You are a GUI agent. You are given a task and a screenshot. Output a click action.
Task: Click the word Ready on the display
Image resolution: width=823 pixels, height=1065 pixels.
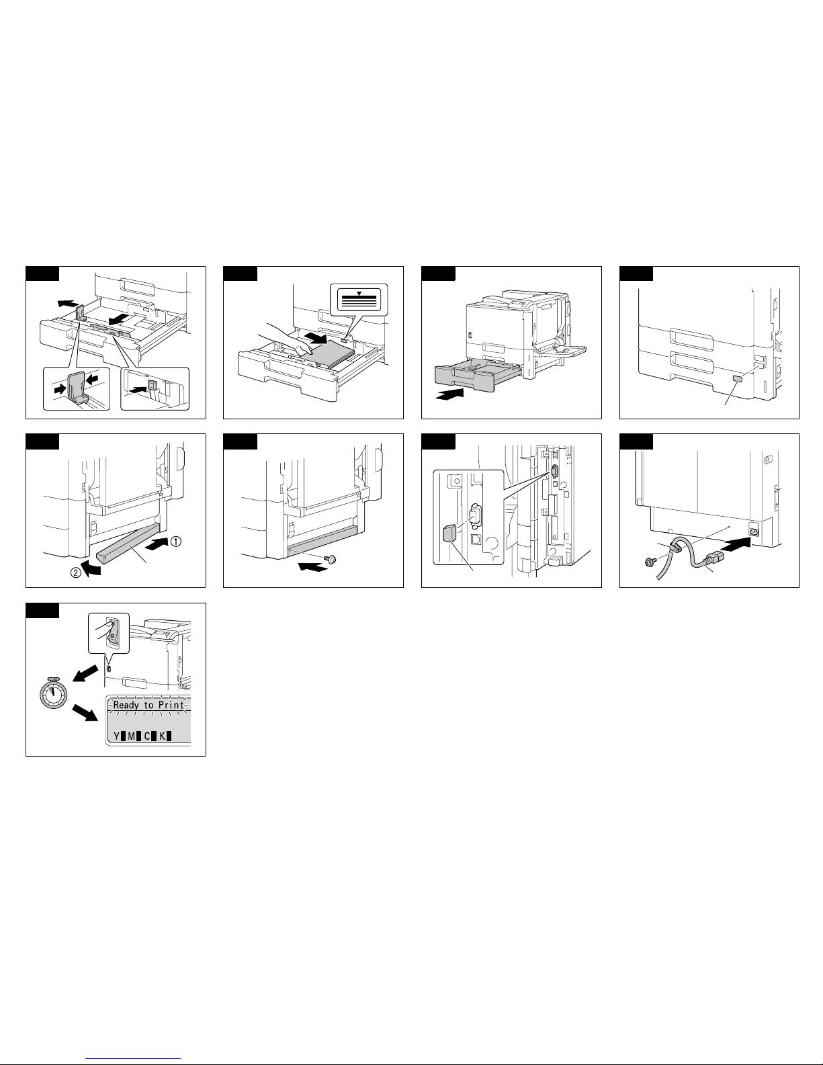click(126, 706)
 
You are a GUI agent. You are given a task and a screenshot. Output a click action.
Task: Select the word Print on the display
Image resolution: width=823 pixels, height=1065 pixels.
click(171, 705)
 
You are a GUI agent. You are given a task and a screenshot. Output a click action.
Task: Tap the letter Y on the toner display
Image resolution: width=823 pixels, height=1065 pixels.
click(117, 736)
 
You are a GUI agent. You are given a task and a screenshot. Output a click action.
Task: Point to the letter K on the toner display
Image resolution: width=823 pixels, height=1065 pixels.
click(162, 736)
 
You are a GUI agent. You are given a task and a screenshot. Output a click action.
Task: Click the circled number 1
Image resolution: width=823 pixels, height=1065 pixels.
click(175, 542)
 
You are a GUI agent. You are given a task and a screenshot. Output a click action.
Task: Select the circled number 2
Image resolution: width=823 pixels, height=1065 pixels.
click(76, 572)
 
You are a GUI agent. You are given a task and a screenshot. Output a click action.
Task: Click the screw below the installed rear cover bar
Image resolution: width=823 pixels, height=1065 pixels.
click(331, 559)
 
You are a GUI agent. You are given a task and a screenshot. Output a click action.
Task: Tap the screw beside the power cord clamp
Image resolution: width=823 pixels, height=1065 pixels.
click(650, 562)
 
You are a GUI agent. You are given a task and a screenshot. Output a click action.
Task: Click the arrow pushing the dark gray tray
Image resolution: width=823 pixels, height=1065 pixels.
click(449, 394)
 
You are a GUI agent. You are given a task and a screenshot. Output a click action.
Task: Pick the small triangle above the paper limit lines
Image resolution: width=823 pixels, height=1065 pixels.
click(359, 294)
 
